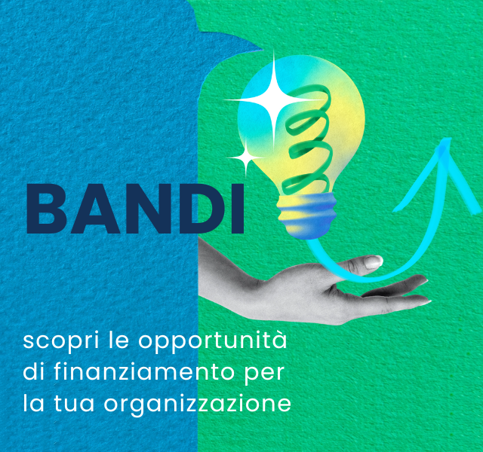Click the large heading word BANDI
[135, 209]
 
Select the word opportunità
[213, 341]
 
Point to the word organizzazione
[198, 404]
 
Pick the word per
[264, 374]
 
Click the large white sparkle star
[273, 100]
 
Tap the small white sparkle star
[246, 157]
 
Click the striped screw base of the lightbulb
[306, 215]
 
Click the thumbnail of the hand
[373, 262]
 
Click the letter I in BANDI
[238, 209]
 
